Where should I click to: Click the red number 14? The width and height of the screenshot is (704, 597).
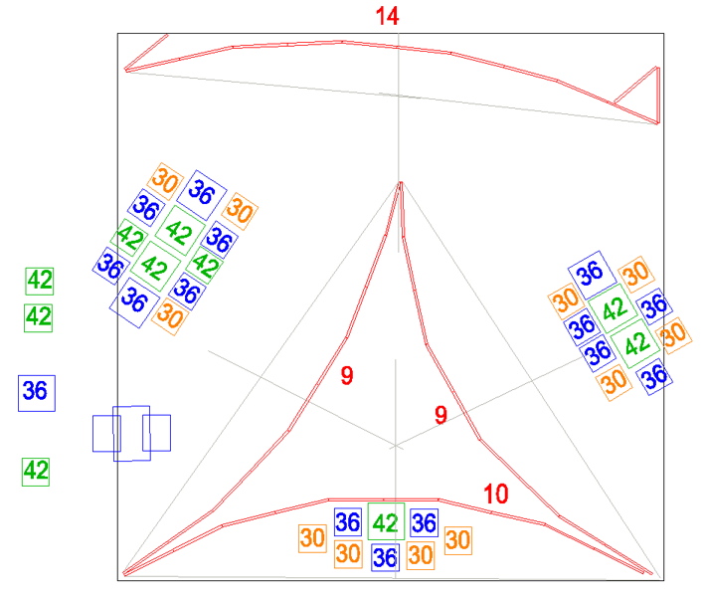click(x=387, y=16)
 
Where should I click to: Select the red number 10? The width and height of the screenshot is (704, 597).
click(x=495, y=494)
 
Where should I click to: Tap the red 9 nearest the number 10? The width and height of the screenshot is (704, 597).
click(x=440, y=415)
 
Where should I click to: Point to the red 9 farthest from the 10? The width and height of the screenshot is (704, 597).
click(x=347, y=375)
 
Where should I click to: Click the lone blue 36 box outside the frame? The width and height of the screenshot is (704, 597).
click(x=37, y=393)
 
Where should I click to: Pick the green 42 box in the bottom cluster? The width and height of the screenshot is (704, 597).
click(x=386, y=521)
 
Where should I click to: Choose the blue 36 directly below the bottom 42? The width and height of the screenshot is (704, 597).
click(x=385, y=557)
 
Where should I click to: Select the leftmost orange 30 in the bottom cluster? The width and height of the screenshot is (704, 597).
click(x=312, y=538)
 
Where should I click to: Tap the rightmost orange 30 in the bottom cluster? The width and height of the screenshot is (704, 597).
click(x=458, y=540)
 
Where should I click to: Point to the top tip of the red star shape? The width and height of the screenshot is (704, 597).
click(x=400, y=182)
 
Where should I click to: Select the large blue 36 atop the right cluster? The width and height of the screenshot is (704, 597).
click(x=592, y=275)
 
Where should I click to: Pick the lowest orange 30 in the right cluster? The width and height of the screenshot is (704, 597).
click(x=614, y=382)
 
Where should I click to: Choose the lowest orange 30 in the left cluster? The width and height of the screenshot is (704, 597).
click(x=170, y=316)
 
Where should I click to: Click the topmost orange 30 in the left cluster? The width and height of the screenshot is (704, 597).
click(x=165, y=181)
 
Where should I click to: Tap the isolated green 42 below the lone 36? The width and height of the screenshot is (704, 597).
click(x=36, y=472)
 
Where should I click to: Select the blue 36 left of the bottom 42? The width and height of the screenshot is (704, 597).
click(x=347, y=522)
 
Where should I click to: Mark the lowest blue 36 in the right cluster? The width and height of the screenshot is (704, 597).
click(x=653, y=376)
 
